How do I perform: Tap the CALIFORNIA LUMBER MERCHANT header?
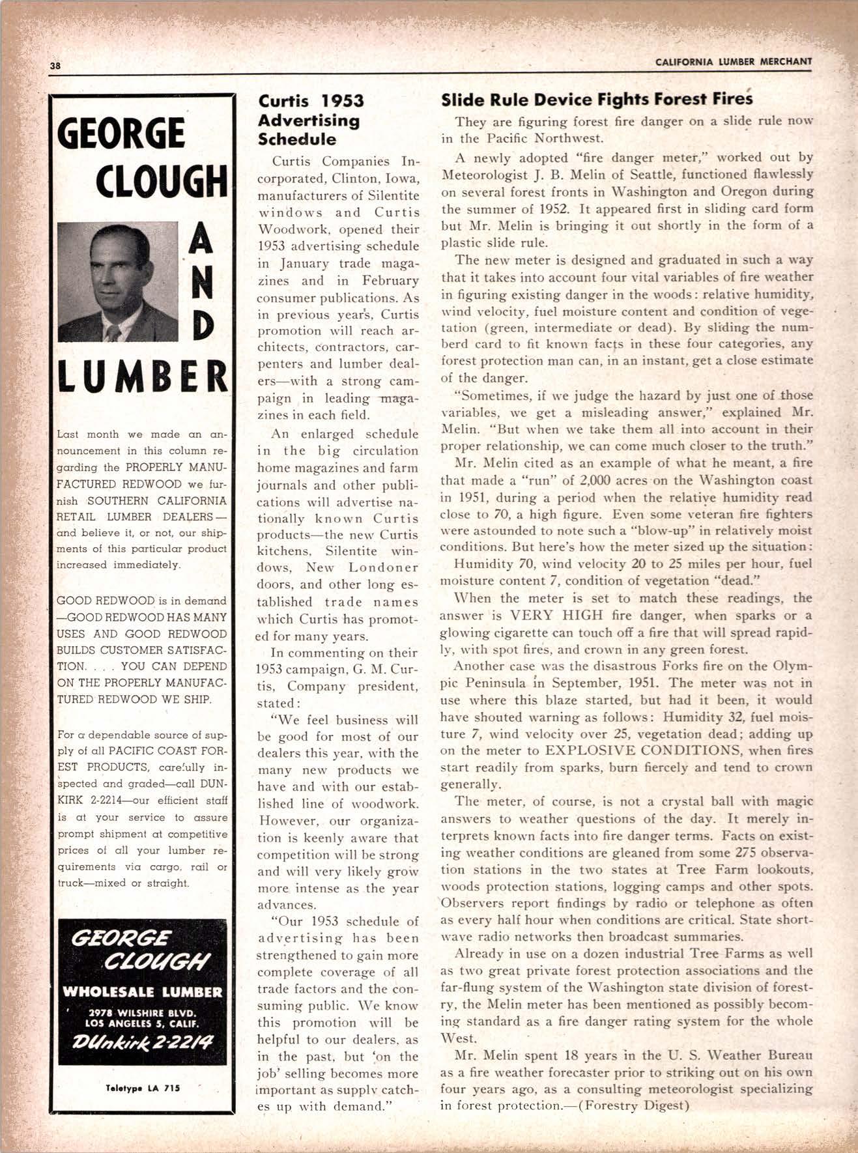pos(734,62)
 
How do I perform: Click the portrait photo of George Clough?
pos(118,281)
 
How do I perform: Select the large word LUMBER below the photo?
pos(143,378)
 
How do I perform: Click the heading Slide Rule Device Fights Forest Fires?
pos(597,100)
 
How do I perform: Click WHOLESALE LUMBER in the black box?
pos(142,992)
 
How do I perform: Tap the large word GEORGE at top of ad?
pos(121,133)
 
